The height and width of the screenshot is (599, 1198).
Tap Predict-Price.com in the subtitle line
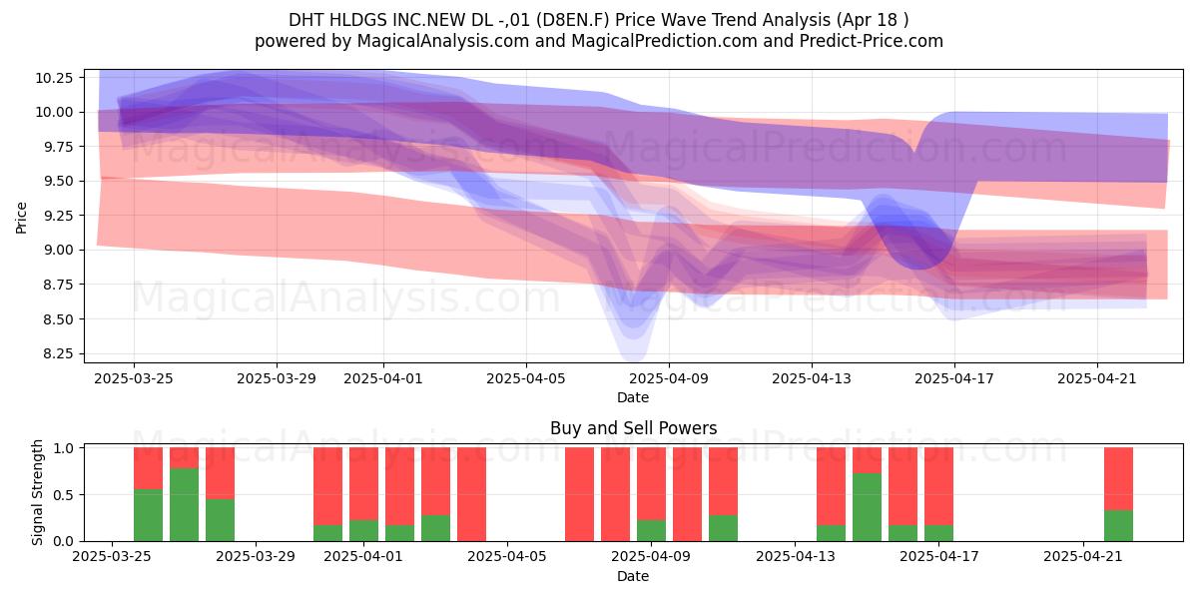pos(872,41)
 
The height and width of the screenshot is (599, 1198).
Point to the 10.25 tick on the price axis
pos(54,78)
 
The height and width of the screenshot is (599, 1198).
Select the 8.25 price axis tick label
pos(54,354)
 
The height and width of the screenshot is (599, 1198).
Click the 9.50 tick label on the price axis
pos(54,182)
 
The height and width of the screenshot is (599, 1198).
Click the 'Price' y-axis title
pos(21,218)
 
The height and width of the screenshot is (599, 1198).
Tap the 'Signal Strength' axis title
pos(37,492)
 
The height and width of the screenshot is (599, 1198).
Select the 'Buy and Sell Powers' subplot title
pos(633,428)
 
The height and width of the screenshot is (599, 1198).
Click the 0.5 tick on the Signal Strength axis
pos(64,495)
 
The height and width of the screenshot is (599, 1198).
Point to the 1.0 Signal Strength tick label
pos(64,448)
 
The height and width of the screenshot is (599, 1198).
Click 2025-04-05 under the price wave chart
pos(526,378)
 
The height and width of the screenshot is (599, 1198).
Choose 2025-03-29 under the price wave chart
pos(277,378)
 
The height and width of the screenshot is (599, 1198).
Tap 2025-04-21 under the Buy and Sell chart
pos(1083,557)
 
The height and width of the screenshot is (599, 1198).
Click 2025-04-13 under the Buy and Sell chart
pos(796,557)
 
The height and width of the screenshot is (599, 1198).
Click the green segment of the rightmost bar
pos(1118,526)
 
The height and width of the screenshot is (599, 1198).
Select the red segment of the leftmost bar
pos(148,468)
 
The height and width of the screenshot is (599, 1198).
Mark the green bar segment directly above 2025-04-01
pos(363,530)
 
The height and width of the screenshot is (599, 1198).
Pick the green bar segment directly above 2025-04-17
pos(938,533)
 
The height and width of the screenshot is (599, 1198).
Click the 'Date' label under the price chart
pos(633,398)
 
